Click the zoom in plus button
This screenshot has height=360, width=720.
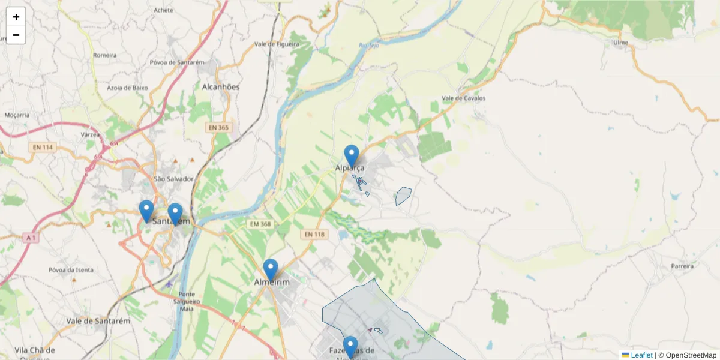(16, 17)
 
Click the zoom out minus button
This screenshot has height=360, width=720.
(16, 35)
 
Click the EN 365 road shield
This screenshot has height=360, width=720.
(219, 127)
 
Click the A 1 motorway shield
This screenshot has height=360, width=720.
(31, 238)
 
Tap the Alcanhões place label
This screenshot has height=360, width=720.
(221, 87)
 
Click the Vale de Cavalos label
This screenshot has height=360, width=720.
(463, 98)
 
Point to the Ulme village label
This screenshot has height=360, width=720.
(620, 43)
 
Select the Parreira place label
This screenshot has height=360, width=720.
(683, 265)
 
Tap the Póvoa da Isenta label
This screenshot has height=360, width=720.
(71, 270)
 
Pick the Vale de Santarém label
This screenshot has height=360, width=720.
(98, 321)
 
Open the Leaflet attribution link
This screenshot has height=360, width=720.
(641, 355)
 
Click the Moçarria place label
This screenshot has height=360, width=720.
(17, 115)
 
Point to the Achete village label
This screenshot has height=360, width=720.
(163, 10)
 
